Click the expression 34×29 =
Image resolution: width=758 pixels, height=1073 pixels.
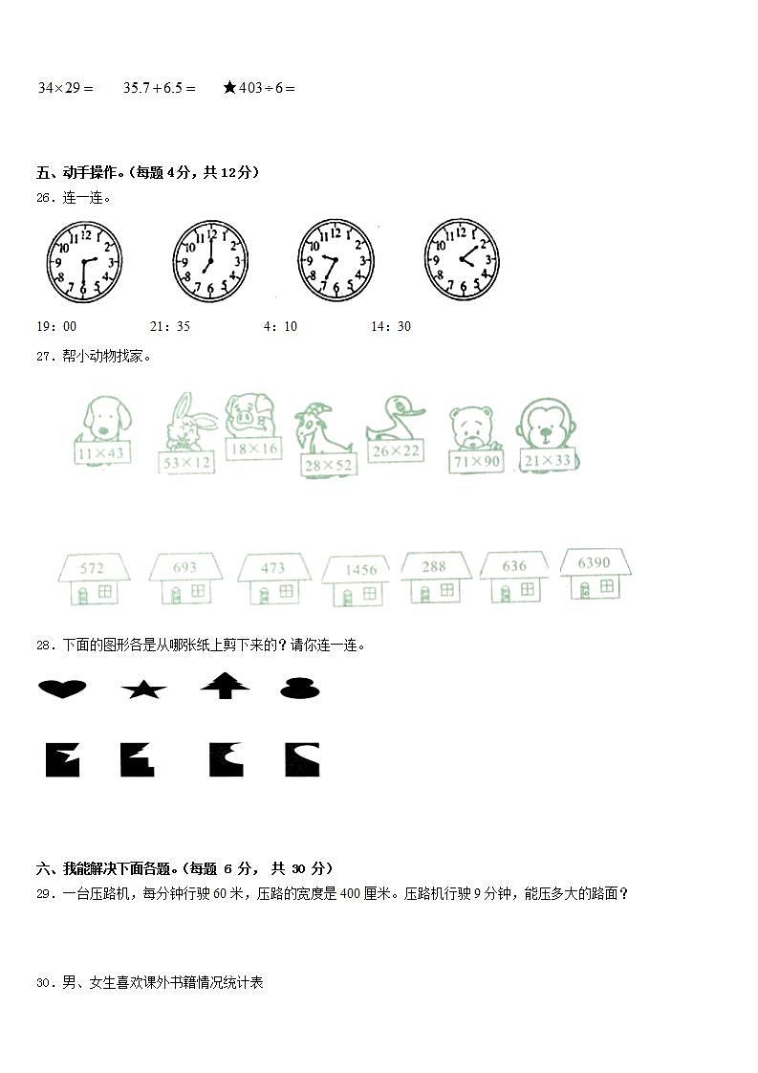65,88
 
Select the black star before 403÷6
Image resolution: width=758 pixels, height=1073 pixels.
229,88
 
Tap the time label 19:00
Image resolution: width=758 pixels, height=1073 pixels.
56,326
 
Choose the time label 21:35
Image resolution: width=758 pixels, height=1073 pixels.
170,326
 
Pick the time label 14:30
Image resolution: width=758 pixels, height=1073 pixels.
391,326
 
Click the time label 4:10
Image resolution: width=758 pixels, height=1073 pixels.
280,326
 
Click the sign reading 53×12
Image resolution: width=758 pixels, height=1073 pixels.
187,462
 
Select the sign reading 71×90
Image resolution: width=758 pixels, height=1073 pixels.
476,461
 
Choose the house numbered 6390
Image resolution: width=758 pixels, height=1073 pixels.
594,574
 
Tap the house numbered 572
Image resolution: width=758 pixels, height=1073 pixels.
92,579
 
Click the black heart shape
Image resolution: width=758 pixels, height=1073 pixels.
62,688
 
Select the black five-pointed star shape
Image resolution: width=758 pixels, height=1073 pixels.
143,688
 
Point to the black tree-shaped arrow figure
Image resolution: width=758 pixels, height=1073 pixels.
226,685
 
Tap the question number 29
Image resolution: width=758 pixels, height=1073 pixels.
44,894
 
